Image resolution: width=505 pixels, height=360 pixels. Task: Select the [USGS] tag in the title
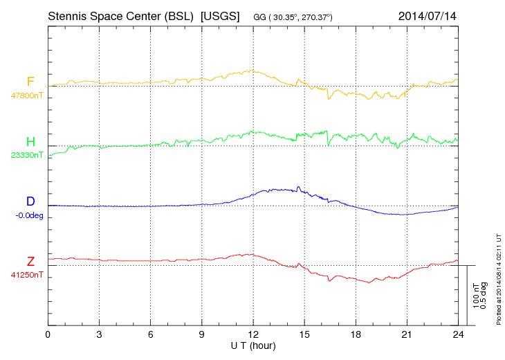click(x=219, y=15)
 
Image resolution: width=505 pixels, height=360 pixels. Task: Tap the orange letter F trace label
click(x=30, y=82)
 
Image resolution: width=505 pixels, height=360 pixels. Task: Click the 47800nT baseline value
click(x=26, y=96)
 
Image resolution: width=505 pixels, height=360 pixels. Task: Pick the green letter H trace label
click(x=30, y=142)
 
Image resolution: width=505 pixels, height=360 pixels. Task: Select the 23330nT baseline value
click(x=26, y=155)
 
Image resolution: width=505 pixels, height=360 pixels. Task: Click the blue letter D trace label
click(x=30, y=201)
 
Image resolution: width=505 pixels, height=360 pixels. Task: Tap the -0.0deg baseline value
click(x=28, y=215)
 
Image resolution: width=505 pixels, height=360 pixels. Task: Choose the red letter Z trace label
click(x=30, y=261)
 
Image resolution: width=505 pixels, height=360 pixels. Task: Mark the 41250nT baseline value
click(x=26, y=275)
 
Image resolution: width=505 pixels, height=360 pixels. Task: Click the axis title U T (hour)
click(x=253, y=345)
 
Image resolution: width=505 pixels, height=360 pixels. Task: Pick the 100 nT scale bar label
click(x=477, y=296)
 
